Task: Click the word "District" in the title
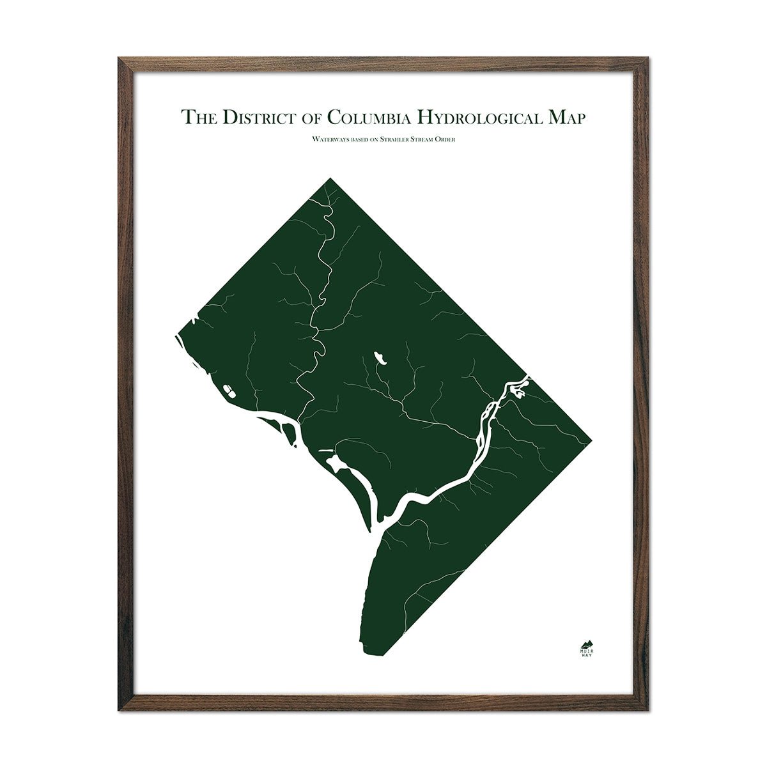pos(255,118)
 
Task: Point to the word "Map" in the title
pos(563,118)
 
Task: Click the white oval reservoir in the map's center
pos(380,357)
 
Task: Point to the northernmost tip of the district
pos(330,178)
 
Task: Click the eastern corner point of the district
pos(591,439)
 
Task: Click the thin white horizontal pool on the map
pos(326,451)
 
